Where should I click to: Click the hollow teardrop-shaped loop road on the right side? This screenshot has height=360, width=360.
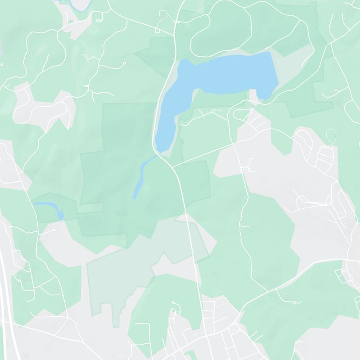pyautogui.click(x=332, y=135)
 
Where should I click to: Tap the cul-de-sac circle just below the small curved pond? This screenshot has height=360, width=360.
pyautogui.click(x=54, y=230)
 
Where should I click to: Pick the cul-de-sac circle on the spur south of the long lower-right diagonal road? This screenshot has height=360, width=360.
pyautogui.click(x=294, y=303)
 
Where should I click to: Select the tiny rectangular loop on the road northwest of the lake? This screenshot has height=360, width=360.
pyautogui.click(x=157, y=30)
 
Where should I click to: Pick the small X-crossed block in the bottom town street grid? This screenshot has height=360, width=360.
pyautogui.click(x=234, y=331)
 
